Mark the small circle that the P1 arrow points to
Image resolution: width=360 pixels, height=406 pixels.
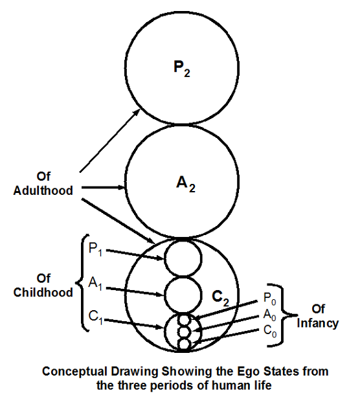tap(183, 258)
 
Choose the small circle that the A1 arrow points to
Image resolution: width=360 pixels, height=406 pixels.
tap(183, 295)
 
